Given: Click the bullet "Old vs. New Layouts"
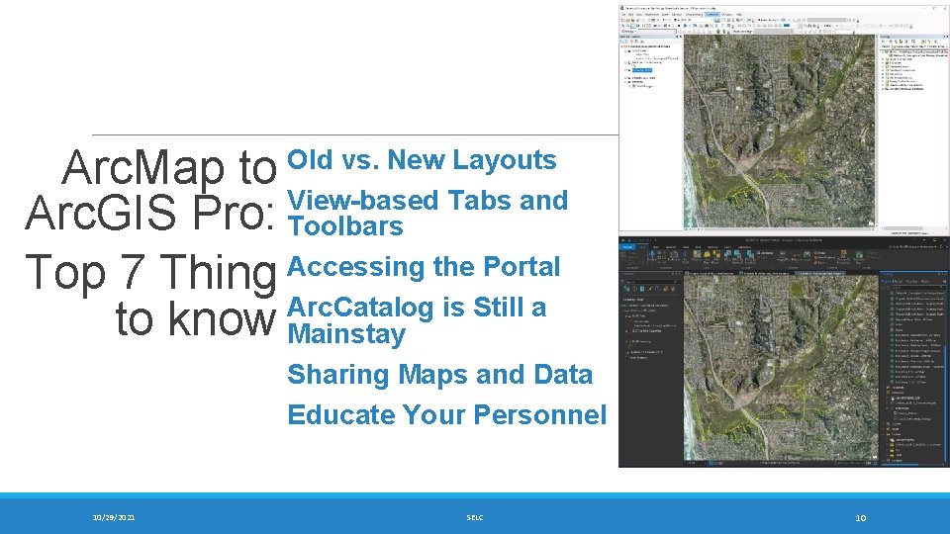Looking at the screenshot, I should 422,160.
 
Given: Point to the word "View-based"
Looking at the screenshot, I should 362,201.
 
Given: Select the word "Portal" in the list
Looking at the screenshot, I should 521,267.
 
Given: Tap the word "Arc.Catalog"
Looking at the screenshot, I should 360,308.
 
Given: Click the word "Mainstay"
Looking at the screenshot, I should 346,334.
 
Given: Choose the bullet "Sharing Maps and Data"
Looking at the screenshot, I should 439,375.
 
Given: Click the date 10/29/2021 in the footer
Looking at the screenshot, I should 115,517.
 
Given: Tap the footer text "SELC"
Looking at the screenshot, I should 475,517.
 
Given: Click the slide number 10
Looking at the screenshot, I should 861,517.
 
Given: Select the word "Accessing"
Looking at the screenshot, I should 348,267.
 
